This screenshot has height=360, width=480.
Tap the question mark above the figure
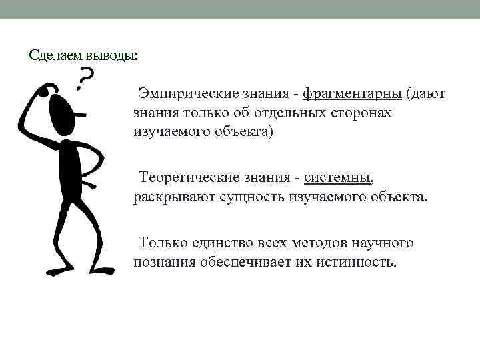point(85,78)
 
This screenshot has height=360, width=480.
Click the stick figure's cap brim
point(81,113)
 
